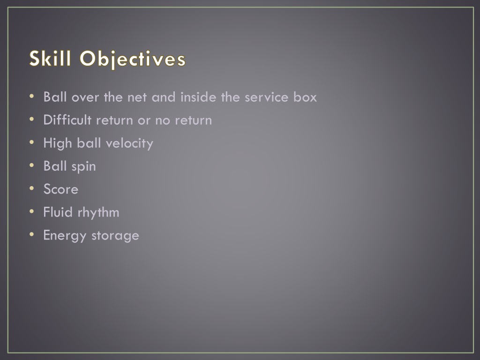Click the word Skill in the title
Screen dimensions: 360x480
click(x=51, y=60)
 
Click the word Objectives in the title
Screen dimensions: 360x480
click(x=133, y=60)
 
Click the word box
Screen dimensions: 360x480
click(x=305, y=97)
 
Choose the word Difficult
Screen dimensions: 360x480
click(x=67, y=120)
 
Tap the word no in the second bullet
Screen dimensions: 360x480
click(x=162, y=120)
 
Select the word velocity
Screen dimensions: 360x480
click(x=129, y=143)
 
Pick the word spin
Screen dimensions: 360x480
click(x=84, y=166)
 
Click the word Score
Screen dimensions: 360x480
click(x=60, y=189)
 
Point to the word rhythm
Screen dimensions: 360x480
click(x=98, y=212)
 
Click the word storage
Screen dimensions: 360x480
click(x=115, y=235)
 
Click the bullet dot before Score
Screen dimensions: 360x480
click(x=31, y=188)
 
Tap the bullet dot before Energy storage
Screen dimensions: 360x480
click(x=31, y=234)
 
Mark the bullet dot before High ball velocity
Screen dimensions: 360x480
click(x=31, y=142)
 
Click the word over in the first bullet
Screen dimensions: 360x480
click(x=82, y=97)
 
